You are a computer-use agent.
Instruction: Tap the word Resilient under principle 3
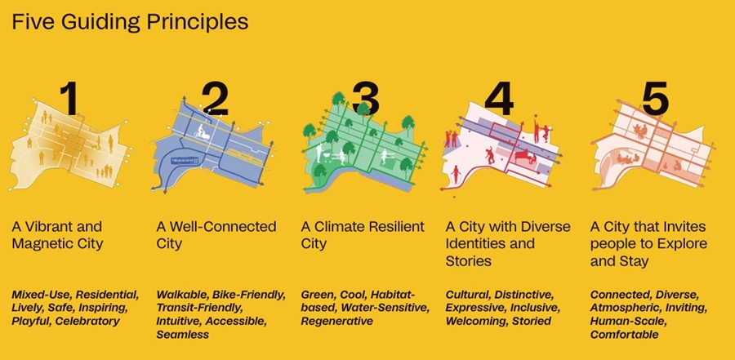click(x=397, y=227)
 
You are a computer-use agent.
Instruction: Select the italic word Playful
click(x=31, y=321)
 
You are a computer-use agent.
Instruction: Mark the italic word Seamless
click(x=183, y=335)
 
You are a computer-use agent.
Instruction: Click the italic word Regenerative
click(x=338, y=321)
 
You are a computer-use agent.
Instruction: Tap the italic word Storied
click(x=532, y=321)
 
